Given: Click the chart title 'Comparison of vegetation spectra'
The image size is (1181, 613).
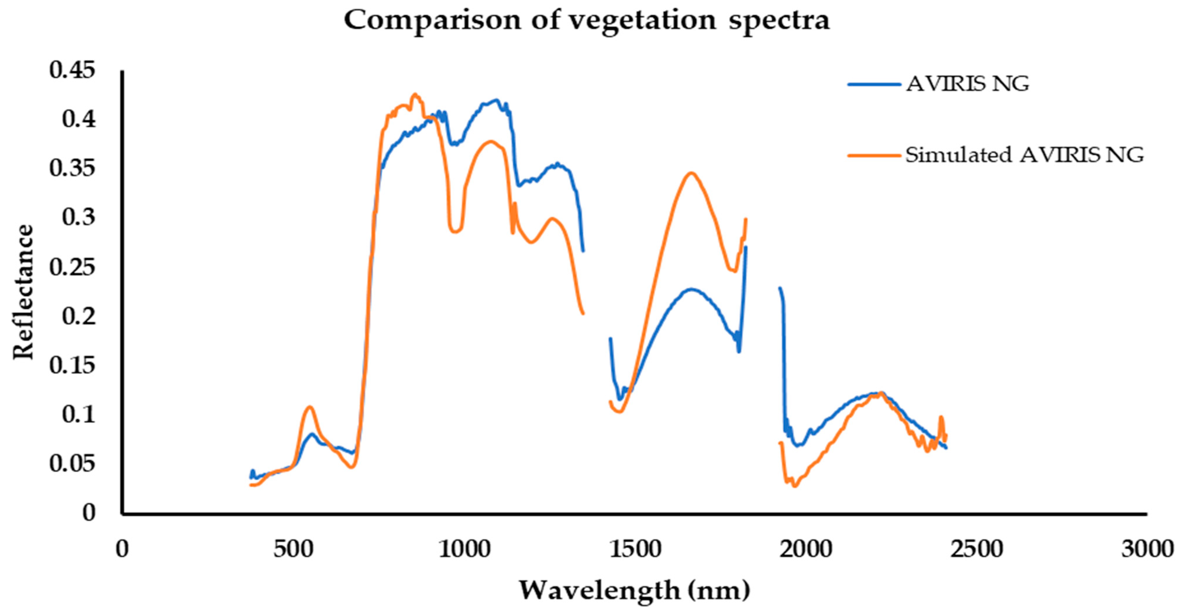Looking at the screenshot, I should tap(587, 21).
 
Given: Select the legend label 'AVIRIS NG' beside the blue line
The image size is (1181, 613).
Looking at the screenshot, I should tap(967, 84).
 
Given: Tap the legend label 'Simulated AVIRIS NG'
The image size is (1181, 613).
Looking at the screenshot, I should tap(1024, 155).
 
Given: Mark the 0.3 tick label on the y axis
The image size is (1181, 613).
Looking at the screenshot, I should tap(79, 217).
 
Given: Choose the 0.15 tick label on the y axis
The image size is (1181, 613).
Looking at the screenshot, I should tap(73, 365).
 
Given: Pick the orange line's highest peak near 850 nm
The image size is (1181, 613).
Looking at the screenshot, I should tap(415, 94).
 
